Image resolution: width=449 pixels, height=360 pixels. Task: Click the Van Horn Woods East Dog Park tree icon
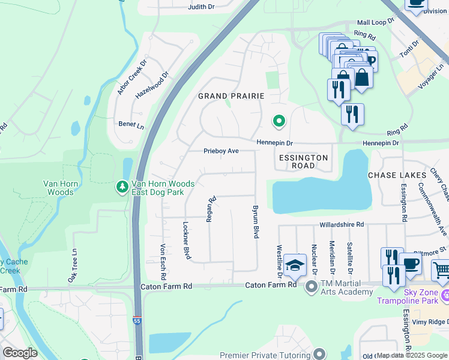coord(122,188)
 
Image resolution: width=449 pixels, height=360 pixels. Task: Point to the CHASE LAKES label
coord(396,175)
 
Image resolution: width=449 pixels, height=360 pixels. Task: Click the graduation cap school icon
coord(295,265)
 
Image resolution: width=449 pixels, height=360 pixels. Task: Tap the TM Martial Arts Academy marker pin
coord(311,287)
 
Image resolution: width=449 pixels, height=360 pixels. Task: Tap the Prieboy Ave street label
coord(221,151)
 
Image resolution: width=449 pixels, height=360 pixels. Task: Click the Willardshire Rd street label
coord(340,224)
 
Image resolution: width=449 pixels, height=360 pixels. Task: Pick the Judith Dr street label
coord(201,7)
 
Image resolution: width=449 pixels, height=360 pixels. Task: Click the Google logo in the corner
coord(20,353)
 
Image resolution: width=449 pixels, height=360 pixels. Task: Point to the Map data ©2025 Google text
coord(412,355)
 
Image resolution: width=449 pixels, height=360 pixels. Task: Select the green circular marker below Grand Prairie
coord(279,122)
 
